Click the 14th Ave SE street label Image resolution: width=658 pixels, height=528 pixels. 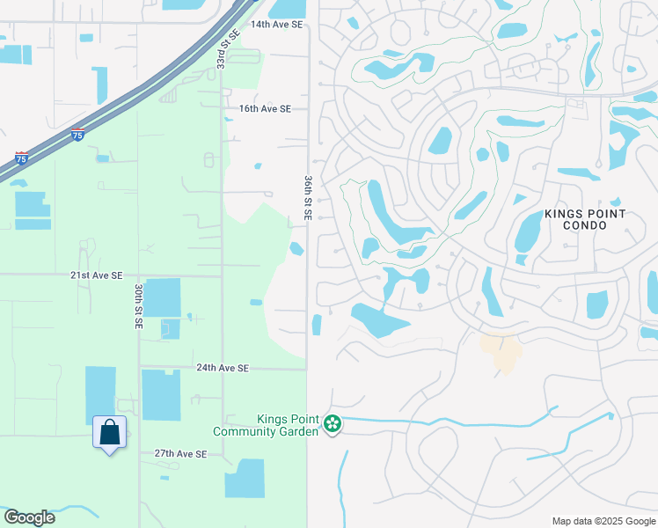pos(276,25)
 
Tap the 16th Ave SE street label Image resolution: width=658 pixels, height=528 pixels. pos(265,109)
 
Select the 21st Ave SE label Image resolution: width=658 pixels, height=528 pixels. pos(97,275)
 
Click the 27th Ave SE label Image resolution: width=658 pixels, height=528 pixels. pos(180,454)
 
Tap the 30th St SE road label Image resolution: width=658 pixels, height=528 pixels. pos(139,306)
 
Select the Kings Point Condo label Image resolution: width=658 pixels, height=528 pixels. pos(585,219)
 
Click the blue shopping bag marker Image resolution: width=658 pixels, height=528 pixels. pos(109,433)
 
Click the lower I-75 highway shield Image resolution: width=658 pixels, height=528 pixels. pos(21,159)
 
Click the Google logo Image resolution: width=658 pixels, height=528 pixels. pos(29,517)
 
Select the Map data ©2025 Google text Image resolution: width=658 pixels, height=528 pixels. pos(603,521)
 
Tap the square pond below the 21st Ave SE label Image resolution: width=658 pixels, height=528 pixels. pos(162,297)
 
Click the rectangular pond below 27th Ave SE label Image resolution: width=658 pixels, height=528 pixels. pos(245,479)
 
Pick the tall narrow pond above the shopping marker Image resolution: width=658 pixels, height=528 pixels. pos(100,393)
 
